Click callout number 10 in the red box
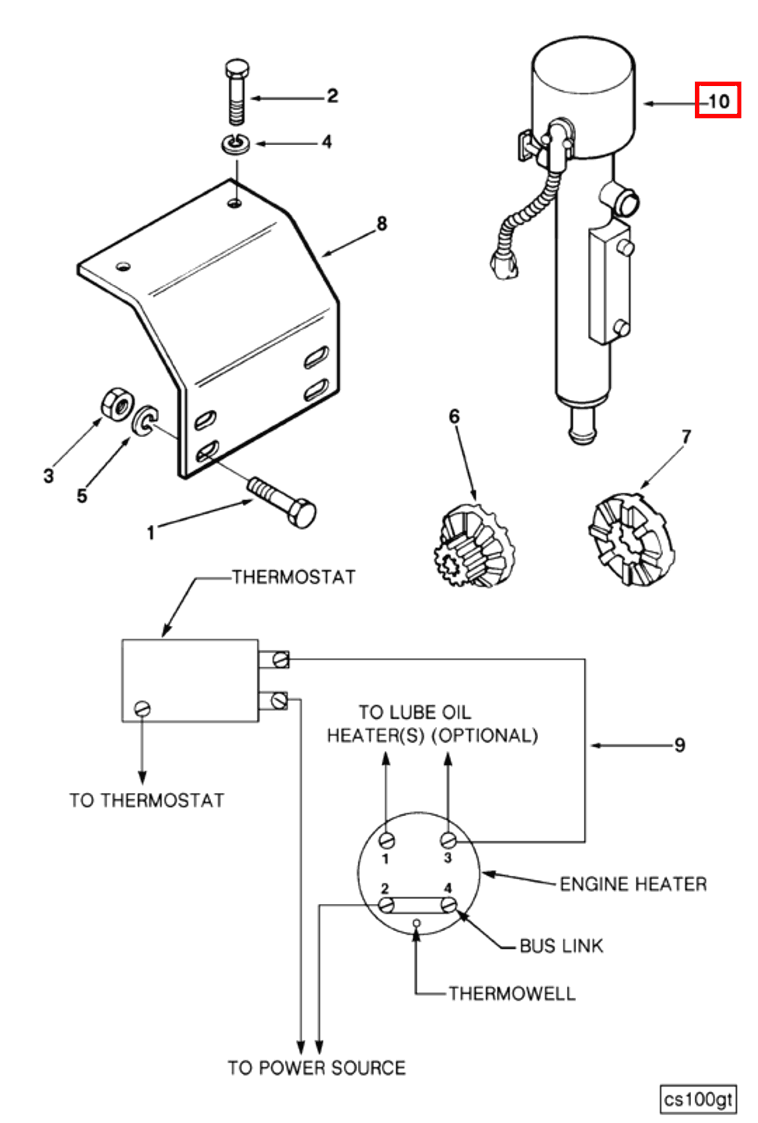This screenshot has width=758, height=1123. [717, 101]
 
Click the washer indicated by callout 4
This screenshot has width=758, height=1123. [236, 143]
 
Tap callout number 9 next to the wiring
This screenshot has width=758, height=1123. [679, 745]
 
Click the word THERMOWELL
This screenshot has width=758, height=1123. [512, 994]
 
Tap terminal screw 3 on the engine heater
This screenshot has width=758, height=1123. [448, 840]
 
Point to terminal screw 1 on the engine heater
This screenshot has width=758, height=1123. [387, 840]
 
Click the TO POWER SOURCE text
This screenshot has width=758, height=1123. [316, 1068]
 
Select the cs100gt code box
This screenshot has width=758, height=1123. [698, 1100]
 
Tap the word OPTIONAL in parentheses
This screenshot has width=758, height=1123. [484, 735]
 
